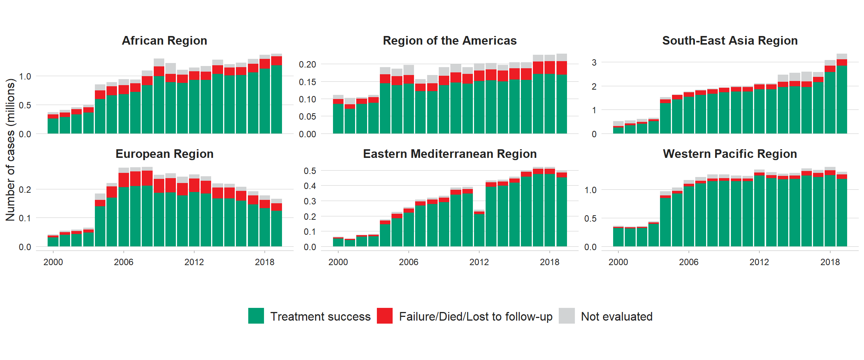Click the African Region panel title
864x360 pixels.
pyautogui.click(x=164, y=40)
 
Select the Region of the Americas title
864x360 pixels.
pyautogui.click(x=449, y=40)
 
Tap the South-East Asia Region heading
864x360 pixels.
pyautogui.click(x=729, y=40)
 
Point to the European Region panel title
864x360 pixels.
pyautogui.click(x=164, y=154)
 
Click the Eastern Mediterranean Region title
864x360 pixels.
pyautogui.click(x=449, y=154)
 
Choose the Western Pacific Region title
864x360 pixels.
pyautogui.click(x=729, y=154)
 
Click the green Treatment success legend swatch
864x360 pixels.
pyautogui.click(x=256, y=316)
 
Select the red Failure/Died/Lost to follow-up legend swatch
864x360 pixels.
pyautogui.click(x=384, y=316)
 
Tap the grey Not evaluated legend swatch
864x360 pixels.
pyautogui.click(x=566, y=316)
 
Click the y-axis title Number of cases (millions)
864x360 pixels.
pyautogui.click(x=10, y=150)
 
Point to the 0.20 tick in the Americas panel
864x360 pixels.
pyautogui.click(x=307, y=64)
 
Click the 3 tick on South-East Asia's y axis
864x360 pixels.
pyautogui.click(x=594, y=63)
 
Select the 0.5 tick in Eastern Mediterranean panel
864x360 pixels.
pyautogui.click(x=310, y=171)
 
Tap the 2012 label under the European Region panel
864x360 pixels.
pyautogui.click(x=194, y=262)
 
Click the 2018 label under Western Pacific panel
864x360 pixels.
pyautogui.click(x=829, y=262)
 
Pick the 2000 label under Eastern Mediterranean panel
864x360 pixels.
pyautogui.click(x=338, y=262)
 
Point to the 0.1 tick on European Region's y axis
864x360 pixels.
pyautogui.click(x=25, y=218)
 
